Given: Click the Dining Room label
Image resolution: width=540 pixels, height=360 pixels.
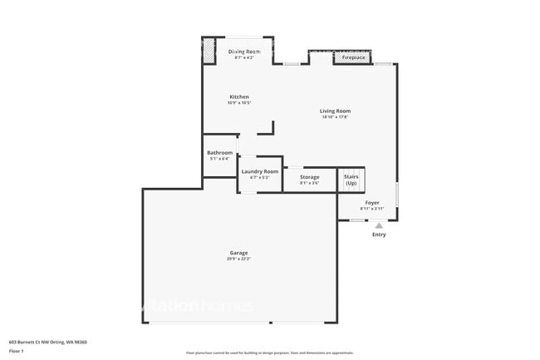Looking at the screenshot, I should tap(244, 52).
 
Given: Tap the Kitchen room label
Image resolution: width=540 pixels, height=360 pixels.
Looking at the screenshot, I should tap(239, 97).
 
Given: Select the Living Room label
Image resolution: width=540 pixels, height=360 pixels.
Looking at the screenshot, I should tap(336, 111).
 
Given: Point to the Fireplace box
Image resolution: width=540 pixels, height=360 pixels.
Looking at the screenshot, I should tap(353, 58).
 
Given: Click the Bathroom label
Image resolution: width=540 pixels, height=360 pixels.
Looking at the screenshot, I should tap(220, 152).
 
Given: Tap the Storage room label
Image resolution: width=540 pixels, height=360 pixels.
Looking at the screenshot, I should tap(309, 177).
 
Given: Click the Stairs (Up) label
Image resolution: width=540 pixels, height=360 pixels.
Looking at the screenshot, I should tap(351, 180).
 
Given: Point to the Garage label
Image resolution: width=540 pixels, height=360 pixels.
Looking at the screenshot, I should tap(239, 253).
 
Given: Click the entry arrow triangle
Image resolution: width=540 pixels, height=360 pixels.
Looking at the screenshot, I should tap(379, 225).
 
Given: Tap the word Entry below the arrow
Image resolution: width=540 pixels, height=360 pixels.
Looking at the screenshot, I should tap(379, 234).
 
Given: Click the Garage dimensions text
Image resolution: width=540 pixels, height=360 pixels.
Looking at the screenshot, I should tap(239, 259).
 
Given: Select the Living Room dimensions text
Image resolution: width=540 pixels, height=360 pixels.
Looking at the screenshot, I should tap(336, 117).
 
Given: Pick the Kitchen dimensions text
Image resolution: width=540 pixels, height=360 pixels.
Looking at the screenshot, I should tap(239, 103).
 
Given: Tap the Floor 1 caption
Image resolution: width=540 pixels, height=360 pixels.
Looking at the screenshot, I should tap(17, 351).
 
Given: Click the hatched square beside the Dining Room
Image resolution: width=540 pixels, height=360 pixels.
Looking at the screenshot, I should tap(209, 51).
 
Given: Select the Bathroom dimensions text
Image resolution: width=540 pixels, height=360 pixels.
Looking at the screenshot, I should tap(220, 158).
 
